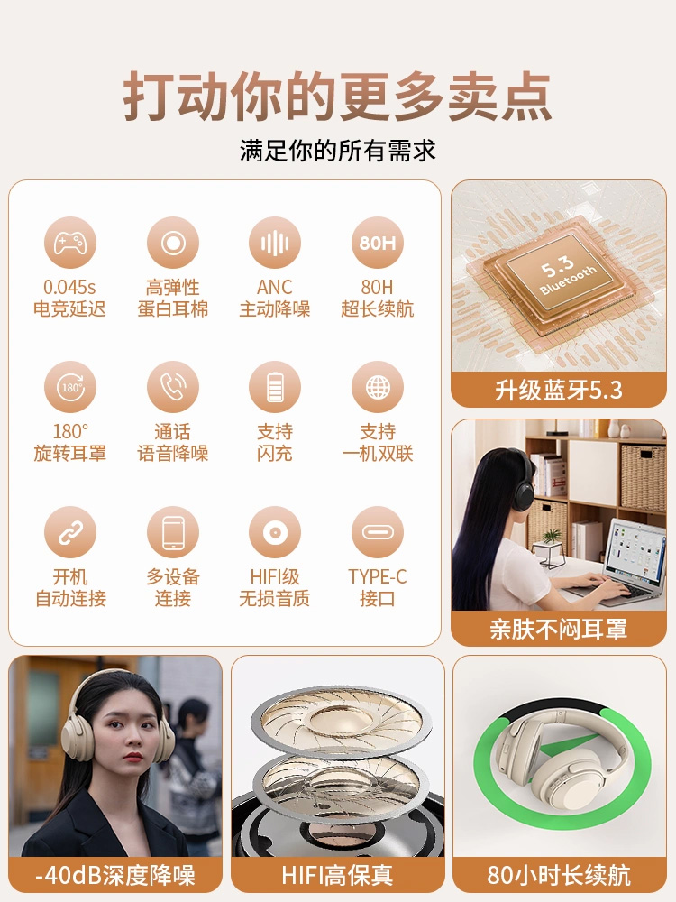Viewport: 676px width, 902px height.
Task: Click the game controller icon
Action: (x=70, y=243)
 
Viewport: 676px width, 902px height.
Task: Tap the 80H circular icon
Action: (x=378, y=243)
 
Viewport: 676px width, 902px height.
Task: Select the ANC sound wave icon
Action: (x=275, y=243)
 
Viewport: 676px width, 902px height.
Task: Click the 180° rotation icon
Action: (x=70, y=387)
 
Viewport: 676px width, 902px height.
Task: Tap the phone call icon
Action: (x=172, y=387)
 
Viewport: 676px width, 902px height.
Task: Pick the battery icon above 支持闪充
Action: (x=275, y=387)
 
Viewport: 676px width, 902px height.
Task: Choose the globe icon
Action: (x=378, y=387)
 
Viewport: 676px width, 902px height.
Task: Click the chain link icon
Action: (x=70, y=533)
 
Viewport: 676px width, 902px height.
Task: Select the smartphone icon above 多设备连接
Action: (x=172, y=533)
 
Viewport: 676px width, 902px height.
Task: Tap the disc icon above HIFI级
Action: (x=275, y=533)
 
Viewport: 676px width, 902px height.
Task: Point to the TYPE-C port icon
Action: (x=378, y=533)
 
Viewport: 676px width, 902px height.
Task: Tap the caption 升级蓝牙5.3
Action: (x=559, y=391)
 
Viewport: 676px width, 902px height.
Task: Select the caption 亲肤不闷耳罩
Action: (x=559, y=630)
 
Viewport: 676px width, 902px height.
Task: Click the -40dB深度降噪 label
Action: (x=115, y=876)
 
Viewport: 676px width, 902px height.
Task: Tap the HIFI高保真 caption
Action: (x=337, y=876)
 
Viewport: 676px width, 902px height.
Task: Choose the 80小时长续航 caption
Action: (x=559, y=876)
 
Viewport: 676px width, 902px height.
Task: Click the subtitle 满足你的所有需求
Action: (x=338, y=151)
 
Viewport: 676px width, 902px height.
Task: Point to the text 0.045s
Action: (x=69, y=287)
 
